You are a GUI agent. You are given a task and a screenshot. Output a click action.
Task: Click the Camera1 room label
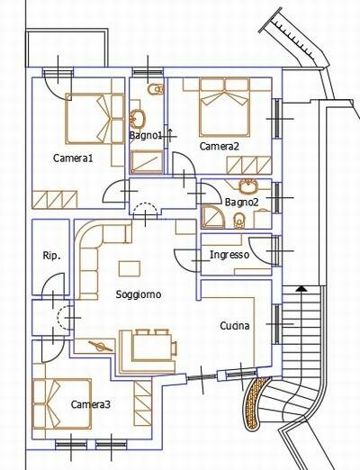click(73, 158)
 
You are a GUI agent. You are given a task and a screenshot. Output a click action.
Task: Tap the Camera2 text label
click(220, 146)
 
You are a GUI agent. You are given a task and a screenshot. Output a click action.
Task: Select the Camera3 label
click(91, 404)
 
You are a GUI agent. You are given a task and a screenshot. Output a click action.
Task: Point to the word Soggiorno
click(139, 294)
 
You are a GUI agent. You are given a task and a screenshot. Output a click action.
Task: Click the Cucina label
click(235, 326)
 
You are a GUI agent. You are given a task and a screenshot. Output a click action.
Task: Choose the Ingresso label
click(229, 255)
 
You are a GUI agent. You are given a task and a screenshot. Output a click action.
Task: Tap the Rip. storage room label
click(51, 256)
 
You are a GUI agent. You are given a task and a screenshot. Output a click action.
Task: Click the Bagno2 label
click(241, 203)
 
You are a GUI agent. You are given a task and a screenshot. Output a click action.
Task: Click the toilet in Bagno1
click(156, 89)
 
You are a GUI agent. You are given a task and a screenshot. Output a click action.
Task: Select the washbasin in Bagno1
click(138, 118)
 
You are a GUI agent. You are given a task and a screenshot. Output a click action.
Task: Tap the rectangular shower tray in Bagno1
click(147, 162)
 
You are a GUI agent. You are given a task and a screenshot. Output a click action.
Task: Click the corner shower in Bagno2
click(213, 217)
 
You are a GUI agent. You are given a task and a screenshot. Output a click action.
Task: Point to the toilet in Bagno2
click(239, 221)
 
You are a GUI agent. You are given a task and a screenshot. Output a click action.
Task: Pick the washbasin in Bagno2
click(248, 186)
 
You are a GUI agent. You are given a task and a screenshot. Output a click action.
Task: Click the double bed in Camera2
click(224, 107)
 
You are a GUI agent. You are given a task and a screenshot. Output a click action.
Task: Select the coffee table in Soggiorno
click(130, 268)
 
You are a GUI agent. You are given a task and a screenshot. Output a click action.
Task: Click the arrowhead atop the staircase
click(301, 288)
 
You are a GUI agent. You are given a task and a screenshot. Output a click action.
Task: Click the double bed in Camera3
click(62, 404)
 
